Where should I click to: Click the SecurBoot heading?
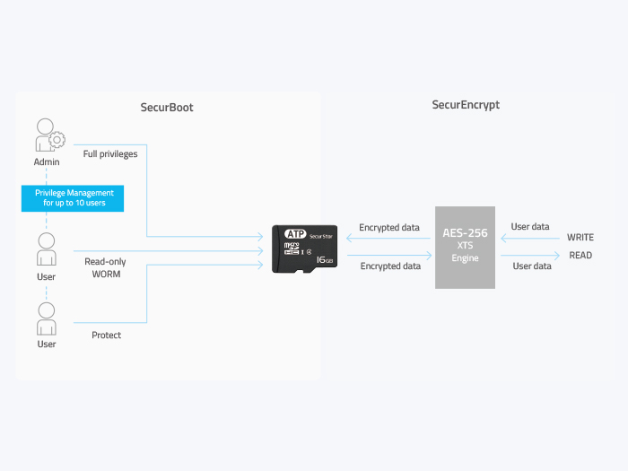tap(167, 108)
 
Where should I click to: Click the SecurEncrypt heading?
tap(466, 105)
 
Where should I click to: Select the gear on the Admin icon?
tap(57, 140)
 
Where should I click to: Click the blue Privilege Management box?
tap(73, 198)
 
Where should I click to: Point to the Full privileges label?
tap(110, 154)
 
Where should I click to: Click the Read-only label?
tap(105, 262)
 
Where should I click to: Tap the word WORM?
tap(106, 275)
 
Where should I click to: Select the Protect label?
tap(106, 336)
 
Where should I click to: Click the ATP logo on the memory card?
tap(295, 234)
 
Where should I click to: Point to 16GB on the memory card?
tap(325, 260)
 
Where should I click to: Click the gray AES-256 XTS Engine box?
tap(465, 248)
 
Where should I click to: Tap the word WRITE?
tap(580, 238)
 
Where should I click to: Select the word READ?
tap(580, 255)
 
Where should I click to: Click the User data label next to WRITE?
tap(530, 227)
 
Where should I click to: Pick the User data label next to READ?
tap(532, 266)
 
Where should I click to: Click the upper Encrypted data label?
tap(389, 228)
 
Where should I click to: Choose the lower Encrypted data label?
tap(390, 266)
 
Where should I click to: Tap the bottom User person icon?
tap(47, 318)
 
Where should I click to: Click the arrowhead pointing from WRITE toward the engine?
tap(504, 239)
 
